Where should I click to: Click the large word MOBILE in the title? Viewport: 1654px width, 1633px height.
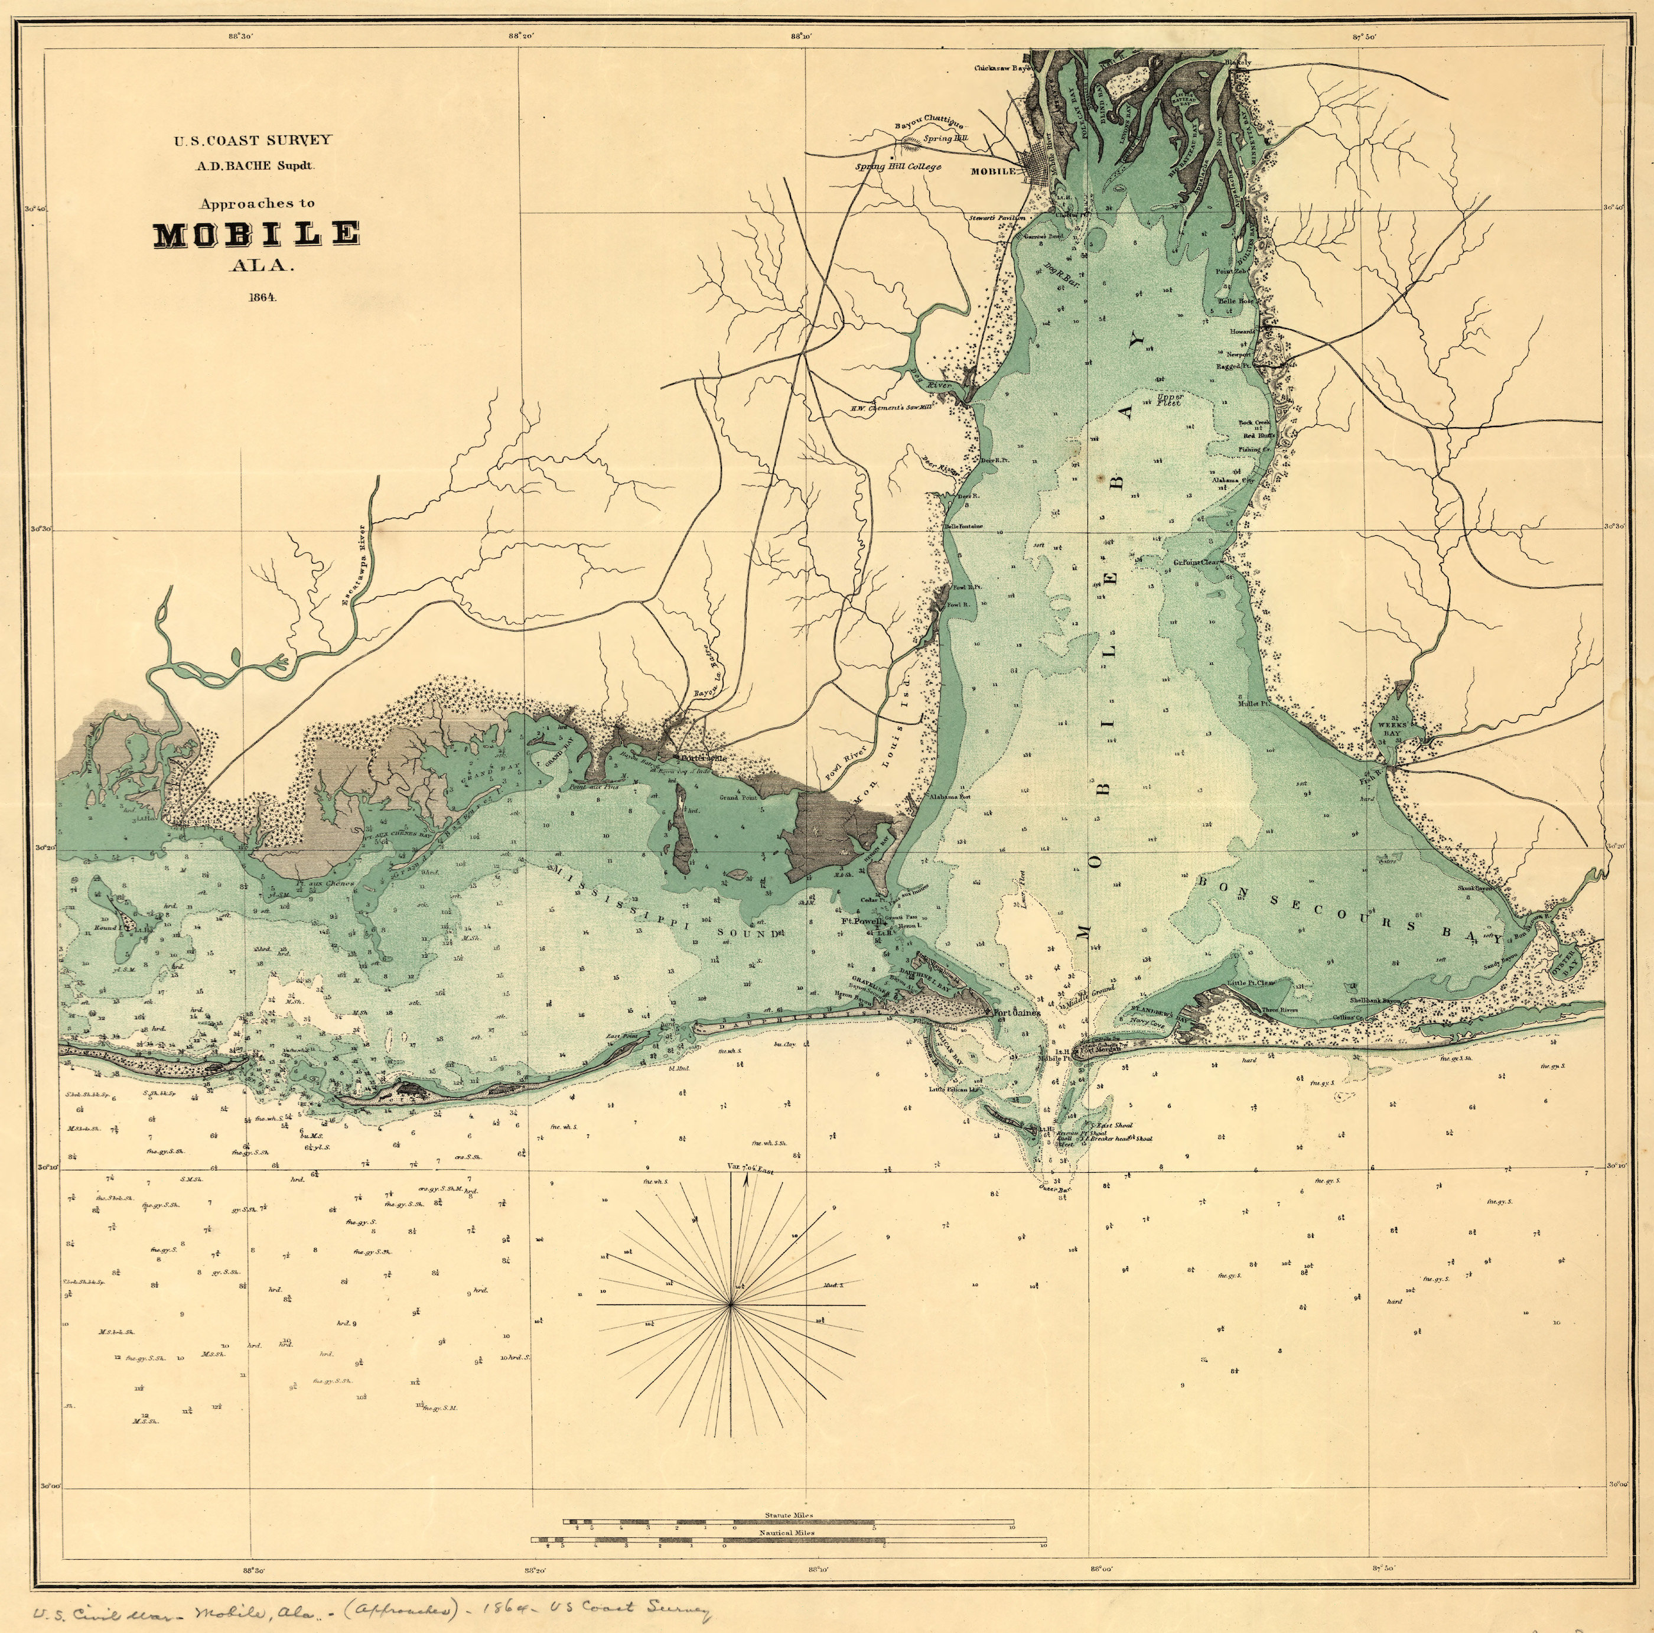256,235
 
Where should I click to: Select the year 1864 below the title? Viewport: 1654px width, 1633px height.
261,298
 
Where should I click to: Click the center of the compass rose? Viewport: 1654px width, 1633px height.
730,1304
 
